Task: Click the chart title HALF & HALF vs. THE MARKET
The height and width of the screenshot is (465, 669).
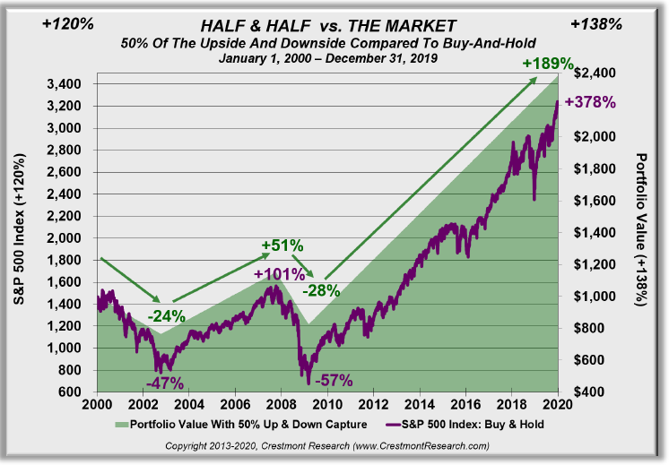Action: click(x=329, y=26)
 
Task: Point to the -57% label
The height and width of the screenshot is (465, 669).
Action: click(x=336, y=379)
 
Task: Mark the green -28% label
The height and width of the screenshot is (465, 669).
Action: click(x=320, y=290)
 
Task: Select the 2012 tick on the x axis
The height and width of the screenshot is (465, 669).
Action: click(x=372, y=406)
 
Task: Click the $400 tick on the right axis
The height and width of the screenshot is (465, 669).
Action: click(x=584, y=392)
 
